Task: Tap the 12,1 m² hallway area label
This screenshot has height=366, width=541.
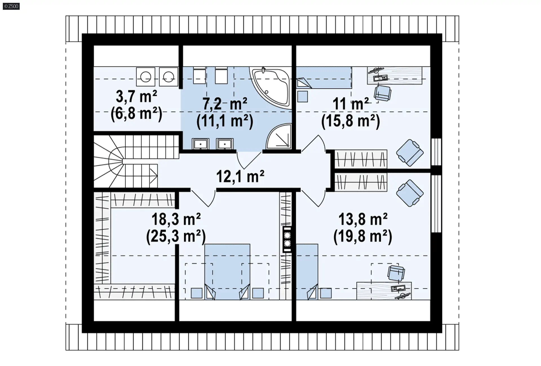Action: tap(240, 176)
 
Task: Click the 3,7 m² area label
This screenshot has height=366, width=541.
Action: tap(136, 96)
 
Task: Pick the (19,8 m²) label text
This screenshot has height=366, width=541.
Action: tap(363, 236)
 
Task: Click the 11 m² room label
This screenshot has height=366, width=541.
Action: tap(351, 104)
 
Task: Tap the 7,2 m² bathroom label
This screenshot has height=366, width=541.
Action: tap(225, 104)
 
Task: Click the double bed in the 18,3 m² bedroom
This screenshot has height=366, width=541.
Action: tap(227, 271)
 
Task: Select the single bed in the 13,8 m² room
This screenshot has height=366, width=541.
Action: tap(307, 271)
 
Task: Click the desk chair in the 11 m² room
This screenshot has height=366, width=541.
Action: tap(382, 93)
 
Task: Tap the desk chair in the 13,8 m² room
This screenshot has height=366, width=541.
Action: tap(396, 273)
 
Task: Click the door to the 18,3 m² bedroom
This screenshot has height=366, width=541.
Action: tap(203, 199)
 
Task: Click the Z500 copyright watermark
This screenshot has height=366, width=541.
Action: tap(11, 6)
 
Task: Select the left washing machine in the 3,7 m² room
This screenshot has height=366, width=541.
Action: tap(145, 77)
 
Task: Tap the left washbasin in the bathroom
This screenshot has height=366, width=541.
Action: tap(200, 144)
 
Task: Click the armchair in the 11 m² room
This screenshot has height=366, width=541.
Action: tap(410, 153)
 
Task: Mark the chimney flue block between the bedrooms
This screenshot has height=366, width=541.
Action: tap(287, 239)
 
